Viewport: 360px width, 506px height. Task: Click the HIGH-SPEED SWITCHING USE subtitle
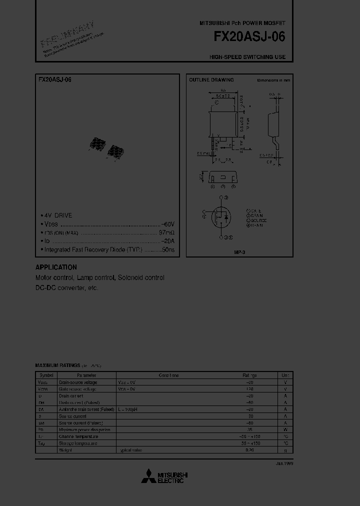click(x=247, y=57)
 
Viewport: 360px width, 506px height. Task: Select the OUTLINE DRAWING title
click(x=211, y=80)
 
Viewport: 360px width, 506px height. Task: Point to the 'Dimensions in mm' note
click(x=273, y=80)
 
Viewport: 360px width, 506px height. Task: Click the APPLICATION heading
click(x=56, y=267)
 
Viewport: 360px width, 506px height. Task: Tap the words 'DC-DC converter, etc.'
click(x=67, y=288)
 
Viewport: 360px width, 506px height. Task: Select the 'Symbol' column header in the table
click(x=46, y=375)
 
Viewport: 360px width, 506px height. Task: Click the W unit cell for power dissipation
click(x=285, y=429)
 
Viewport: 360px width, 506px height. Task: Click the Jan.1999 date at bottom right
click(x=284, y=464)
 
